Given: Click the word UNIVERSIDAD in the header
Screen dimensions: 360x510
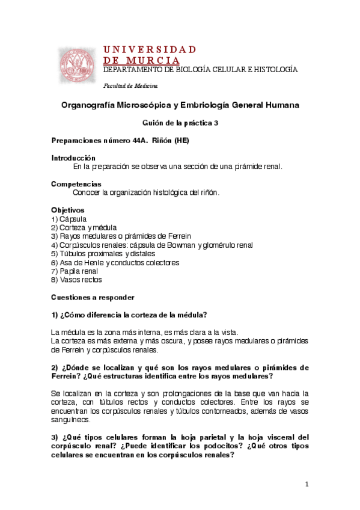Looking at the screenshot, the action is [150, 49].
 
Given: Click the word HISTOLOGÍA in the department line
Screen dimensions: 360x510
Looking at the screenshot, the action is [273, 70].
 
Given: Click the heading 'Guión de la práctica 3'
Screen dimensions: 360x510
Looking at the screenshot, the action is [180, 122].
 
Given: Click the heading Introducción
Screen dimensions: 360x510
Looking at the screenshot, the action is [74, 158].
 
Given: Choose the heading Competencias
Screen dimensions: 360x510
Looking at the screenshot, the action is [76, 184].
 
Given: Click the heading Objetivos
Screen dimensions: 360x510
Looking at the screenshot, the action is [68, 210].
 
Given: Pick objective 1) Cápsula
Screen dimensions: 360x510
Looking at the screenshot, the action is [69, 219].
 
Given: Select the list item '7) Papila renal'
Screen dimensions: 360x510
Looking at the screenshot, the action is [75, 271].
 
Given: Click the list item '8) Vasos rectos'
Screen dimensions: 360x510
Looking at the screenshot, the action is [76, 280].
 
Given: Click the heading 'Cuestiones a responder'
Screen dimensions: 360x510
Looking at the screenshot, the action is [93, 297].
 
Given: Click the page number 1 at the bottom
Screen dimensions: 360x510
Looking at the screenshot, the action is [307, 484].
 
